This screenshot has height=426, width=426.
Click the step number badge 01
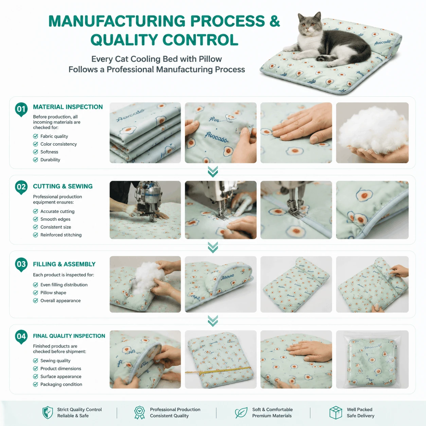[x=21, y=109]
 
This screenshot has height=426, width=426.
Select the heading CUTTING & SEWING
[x=63, y=187]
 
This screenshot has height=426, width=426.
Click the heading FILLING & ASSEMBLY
[x=64, y=264]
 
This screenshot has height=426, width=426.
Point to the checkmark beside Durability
[x=35, y=160]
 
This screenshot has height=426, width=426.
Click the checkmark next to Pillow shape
[x=35, y=293]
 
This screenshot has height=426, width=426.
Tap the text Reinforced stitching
[x=61, y=235]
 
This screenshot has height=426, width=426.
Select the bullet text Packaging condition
[x=61, y=385]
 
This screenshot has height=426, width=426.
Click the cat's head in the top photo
[x=309, y=24]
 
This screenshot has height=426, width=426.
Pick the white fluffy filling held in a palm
[x=373, y=130]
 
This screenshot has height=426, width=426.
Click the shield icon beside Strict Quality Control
[x=48, y=412]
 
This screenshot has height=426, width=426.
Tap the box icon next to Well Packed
[x=336, y=412]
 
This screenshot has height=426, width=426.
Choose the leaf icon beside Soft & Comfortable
[x=241, y=412]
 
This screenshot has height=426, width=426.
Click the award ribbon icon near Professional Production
[x=140, y=412]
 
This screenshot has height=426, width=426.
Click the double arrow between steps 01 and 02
[x=213, y=172]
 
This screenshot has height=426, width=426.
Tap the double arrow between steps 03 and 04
[x=213, y=321]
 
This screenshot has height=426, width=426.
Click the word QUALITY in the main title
[x=124, y=40]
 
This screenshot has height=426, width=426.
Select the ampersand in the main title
[x=274, y=21]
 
